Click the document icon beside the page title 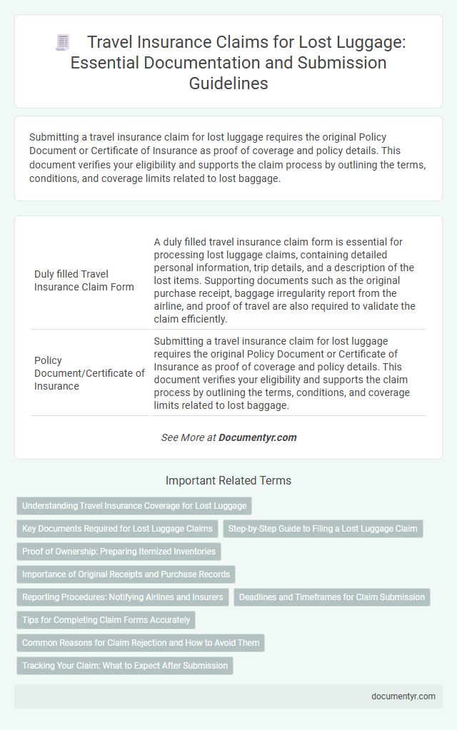click(x=62, y=43)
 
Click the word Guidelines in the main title click(x=228, y=83)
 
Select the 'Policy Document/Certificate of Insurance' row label click(x=89, y=372)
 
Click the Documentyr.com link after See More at click(x=258, y=437)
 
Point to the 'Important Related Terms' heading click(x=228, y=481)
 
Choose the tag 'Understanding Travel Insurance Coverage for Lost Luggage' click(x=134, y=506)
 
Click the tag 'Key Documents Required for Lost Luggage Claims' click(x=117, y=529)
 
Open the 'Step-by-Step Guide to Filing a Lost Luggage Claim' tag click(x=323, y=529)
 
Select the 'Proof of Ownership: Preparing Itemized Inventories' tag click(x=119, y=552)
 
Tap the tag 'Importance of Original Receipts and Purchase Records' click(x=125, y=574)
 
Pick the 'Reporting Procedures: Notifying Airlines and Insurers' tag click(x=122, y=597)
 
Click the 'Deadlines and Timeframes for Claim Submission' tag click(x=332, y=597)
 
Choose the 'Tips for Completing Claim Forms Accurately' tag click(x=106, y=620)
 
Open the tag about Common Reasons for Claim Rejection click(x=141, y=643)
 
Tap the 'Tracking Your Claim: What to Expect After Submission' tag click(x=125, y=666)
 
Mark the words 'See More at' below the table click(x=189, y=437)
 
